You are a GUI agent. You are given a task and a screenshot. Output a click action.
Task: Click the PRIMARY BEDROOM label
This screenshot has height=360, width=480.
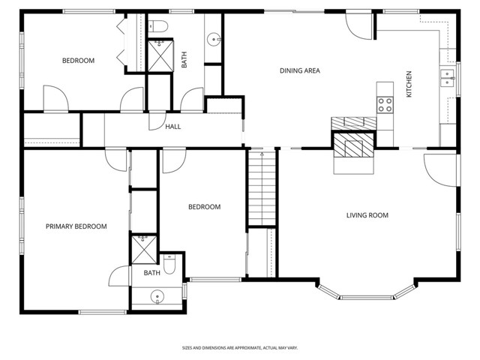pos(76,226)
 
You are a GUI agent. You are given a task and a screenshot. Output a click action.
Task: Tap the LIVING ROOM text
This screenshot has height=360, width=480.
pos(367,216)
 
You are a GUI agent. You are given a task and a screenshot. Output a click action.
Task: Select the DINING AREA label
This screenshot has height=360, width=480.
pos(300,71)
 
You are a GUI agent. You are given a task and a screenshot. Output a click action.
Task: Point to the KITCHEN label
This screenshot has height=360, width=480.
pos(409,84)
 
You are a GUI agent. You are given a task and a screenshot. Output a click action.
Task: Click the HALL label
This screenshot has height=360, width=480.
pos(172,127)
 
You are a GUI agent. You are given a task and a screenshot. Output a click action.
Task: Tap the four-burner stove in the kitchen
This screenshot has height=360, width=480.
pos(385,104)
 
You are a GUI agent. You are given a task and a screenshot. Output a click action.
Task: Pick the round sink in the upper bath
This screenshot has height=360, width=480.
pos(213,38)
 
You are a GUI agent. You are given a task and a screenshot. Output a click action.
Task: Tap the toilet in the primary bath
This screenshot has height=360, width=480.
pos(171,265)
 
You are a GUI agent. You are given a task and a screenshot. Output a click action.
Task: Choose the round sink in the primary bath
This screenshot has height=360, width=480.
pos(157,297)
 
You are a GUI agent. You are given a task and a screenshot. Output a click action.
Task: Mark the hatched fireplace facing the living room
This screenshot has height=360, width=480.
pos(354,146)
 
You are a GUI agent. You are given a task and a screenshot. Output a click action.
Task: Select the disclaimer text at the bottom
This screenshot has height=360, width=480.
pos(239,348)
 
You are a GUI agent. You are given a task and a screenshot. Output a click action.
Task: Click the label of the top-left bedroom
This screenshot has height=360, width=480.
pos(78,61)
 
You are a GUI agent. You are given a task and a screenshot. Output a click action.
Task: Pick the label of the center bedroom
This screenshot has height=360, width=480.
pos(204,207)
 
